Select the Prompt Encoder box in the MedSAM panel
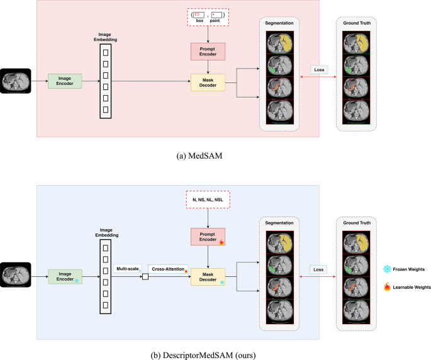208,51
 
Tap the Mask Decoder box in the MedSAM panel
208,82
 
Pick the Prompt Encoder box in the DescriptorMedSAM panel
208,237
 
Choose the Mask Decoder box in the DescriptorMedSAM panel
208,275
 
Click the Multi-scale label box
128,269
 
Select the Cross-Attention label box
168,269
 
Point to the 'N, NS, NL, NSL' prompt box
208,200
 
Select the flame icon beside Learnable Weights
386,287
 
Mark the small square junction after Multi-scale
145,275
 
